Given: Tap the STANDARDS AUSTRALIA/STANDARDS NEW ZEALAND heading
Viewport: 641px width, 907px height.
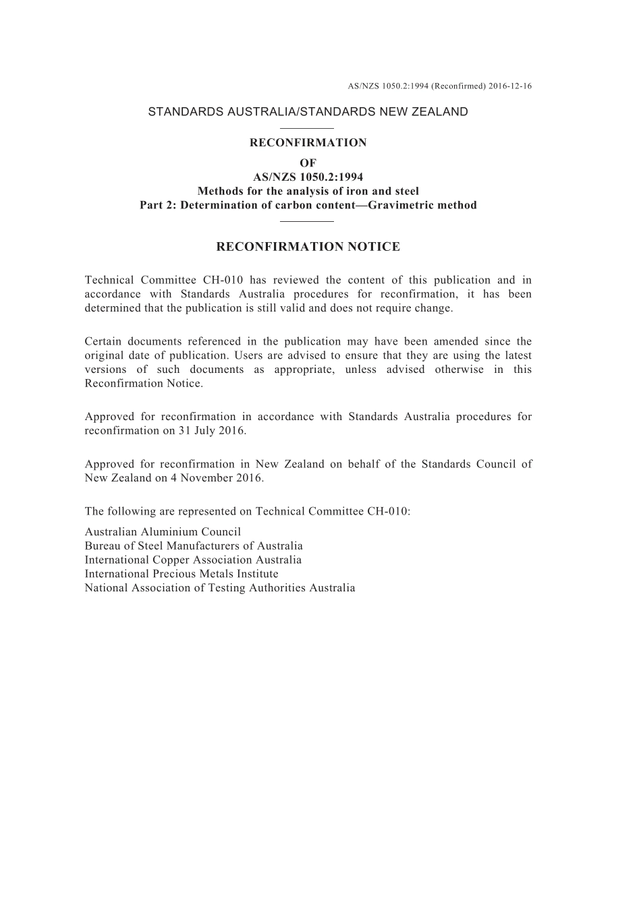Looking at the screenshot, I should (308, 112).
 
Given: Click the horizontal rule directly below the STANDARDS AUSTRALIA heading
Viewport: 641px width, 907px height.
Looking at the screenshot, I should (307, 127).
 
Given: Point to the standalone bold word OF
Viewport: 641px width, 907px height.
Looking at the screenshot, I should (308, 163).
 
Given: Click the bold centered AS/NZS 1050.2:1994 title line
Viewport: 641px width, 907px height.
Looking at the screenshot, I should (308, 177).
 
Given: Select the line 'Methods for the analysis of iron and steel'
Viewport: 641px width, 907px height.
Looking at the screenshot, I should (308, 192).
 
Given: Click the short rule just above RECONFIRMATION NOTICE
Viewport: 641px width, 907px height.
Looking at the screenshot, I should (307, 221).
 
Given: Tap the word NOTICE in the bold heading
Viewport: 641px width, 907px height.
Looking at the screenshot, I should (374, 247).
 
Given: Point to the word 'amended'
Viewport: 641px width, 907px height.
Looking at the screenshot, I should (466, 341).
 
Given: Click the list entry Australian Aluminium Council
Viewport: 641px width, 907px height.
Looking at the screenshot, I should (163, 532).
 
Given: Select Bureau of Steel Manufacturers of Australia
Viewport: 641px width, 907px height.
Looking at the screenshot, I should (194, 546).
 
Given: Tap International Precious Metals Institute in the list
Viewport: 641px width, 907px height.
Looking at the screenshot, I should (182, 574).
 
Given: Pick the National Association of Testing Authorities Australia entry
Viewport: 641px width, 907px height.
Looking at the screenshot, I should (220, 588).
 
